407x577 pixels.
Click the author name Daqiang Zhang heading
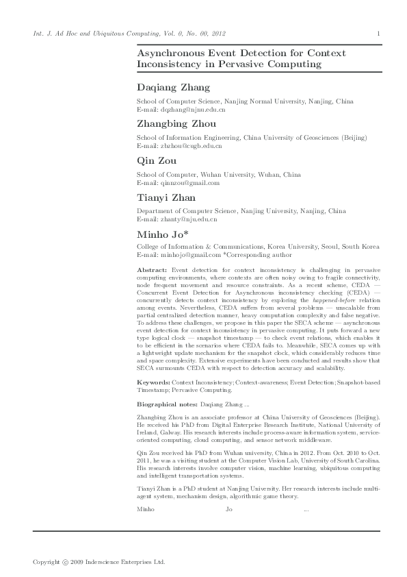[174, 88]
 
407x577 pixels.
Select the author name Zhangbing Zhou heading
[176, 124]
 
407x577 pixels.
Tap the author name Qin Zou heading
[157, 160]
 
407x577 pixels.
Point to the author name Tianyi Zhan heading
[166, 197]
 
